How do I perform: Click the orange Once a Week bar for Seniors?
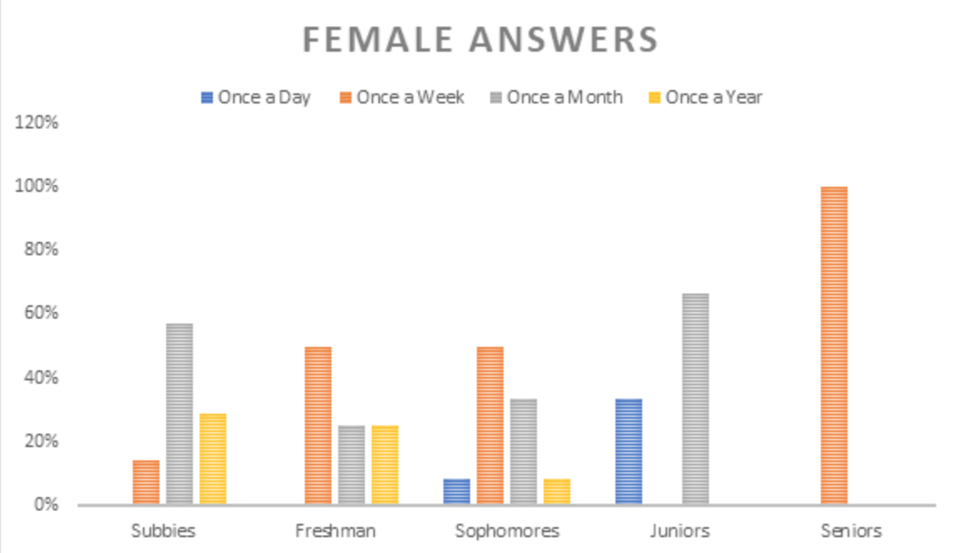point(833,345)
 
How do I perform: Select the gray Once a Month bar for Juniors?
point(695,399)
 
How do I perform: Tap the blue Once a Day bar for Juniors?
point(628,451)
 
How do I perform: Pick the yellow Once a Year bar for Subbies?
point(212,459)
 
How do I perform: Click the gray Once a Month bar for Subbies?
point(179,414)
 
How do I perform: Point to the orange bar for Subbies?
point(145,482)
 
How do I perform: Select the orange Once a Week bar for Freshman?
point(317,425)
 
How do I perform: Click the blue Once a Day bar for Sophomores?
point(456,491)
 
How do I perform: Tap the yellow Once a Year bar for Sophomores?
point(556,491)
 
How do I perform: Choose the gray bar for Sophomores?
point(523,451)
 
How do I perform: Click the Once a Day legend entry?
point(255,97)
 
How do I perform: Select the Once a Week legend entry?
point(401,97)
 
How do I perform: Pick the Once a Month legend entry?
point(555,97)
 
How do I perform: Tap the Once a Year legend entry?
point(706,97)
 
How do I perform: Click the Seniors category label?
point(850,530)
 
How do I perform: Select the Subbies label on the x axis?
point(162,530)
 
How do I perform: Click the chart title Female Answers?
point(479,39)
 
